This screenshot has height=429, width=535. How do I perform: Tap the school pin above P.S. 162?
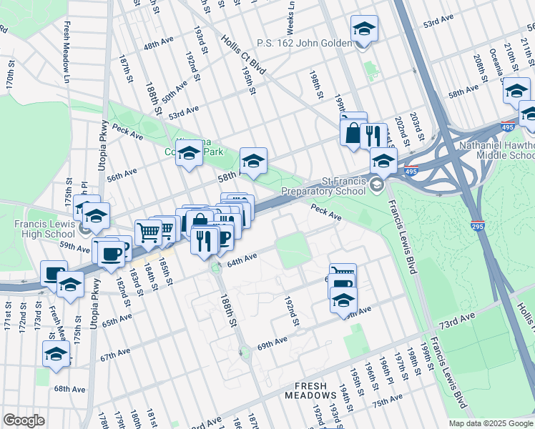[364, 30]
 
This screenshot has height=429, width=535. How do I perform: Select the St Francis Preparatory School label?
[325, 186]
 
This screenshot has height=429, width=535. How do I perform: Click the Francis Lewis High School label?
[41, 228]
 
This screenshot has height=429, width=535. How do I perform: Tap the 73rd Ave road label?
[457, 319]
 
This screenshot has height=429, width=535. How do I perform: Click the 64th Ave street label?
[242, 259]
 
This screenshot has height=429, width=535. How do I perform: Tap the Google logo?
[24, 420]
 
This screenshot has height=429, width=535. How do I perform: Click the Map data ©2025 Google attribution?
[491, 423]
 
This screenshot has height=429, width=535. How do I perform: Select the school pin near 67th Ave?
[55, 354]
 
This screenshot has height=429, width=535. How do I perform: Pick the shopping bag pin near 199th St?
[353, 133]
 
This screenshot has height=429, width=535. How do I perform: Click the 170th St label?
[10, 74]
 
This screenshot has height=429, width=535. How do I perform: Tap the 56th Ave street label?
[121, 172]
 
